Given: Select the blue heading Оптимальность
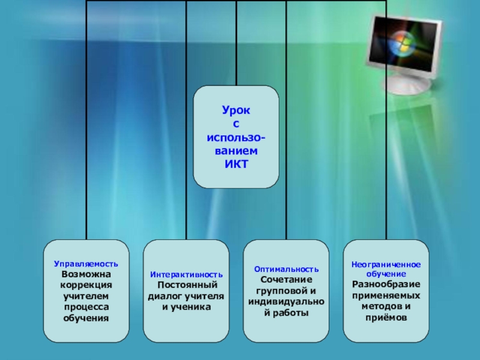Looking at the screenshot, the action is click(286, 270).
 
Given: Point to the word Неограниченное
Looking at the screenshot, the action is click(386, 264).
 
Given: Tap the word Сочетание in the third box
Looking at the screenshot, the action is click(286, 280).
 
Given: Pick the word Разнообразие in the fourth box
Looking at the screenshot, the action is click(386, 284).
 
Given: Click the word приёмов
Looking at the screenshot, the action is click(386, 317).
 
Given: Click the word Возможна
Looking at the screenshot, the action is click(86, 275).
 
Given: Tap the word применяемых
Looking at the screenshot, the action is click(386, 295).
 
